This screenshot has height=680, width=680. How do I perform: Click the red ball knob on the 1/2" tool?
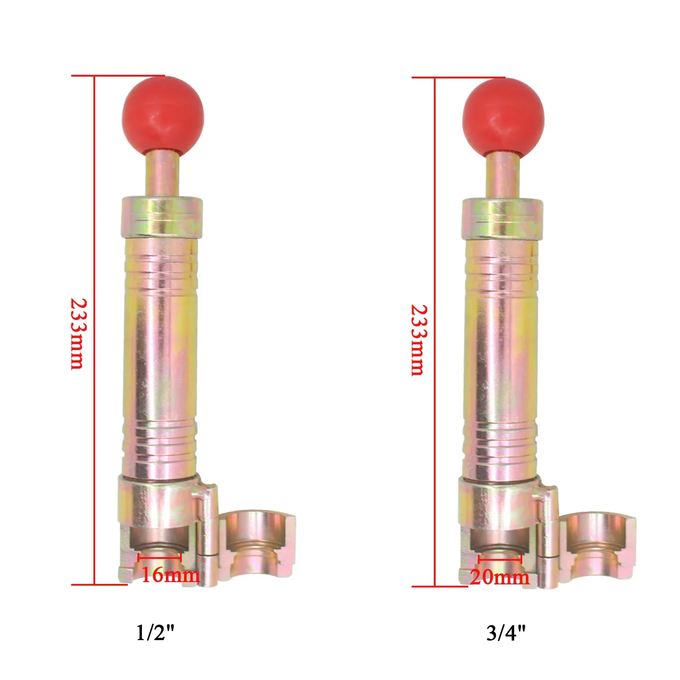click(x=163, y=116)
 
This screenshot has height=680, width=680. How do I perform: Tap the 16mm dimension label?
click(x=170, y=575)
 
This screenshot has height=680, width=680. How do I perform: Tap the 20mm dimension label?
click(x=500, y=578)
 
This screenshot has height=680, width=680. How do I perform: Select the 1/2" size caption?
click(x=155, y=632)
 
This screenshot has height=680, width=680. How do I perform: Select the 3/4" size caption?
click(x=506, y=633)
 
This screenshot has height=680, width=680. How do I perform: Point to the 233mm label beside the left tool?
click(x=78, y=333)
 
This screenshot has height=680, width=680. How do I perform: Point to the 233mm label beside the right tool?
click(x=418, y=340)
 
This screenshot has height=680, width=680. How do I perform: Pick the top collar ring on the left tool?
click(x=162, y=217)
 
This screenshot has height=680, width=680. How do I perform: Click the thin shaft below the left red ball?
click(x=162, y=175)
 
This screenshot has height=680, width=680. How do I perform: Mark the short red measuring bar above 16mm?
click(x=160, y=558)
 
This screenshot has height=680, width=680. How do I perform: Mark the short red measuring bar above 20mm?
click(x=500, y=560)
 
